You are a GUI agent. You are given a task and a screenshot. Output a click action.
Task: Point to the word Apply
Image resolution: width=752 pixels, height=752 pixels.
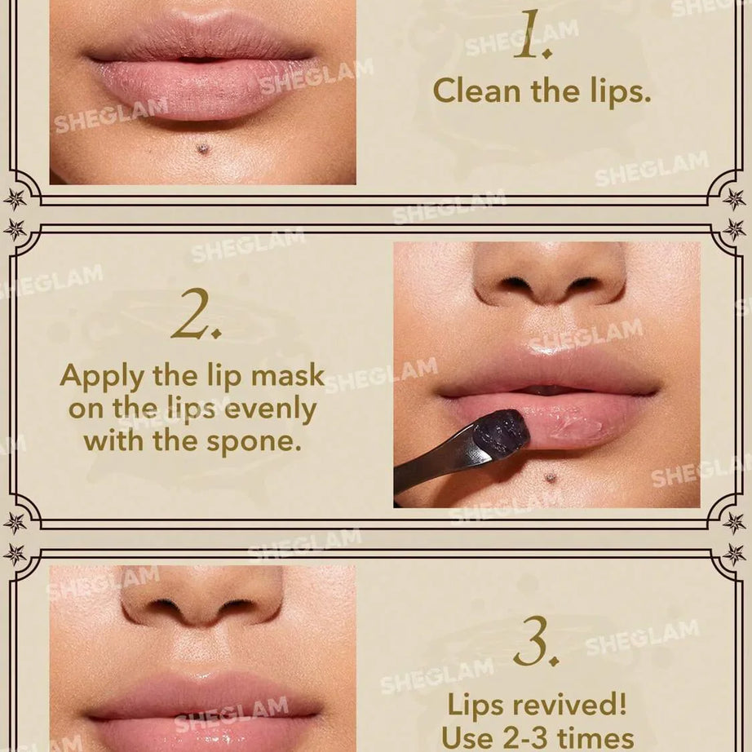[x=103, y=377]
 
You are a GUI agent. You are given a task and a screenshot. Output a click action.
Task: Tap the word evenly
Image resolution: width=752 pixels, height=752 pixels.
[x=268, y=409]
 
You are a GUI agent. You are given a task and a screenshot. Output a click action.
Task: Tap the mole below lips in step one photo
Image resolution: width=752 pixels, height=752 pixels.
[x=201, y=148]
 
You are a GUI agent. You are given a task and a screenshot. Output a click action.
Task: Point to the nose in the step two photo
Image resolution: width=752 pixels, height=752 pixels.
[x=549, y=277]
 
